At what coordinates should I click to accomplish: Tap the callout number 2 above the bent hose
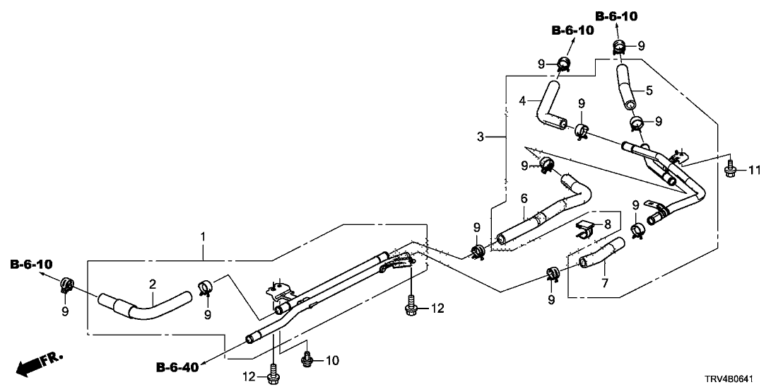coord(151,284)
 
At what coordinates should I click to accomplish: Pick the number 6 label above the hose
coord(524,199)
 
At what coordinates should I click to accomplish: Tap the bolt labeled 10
coord(307,359)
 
